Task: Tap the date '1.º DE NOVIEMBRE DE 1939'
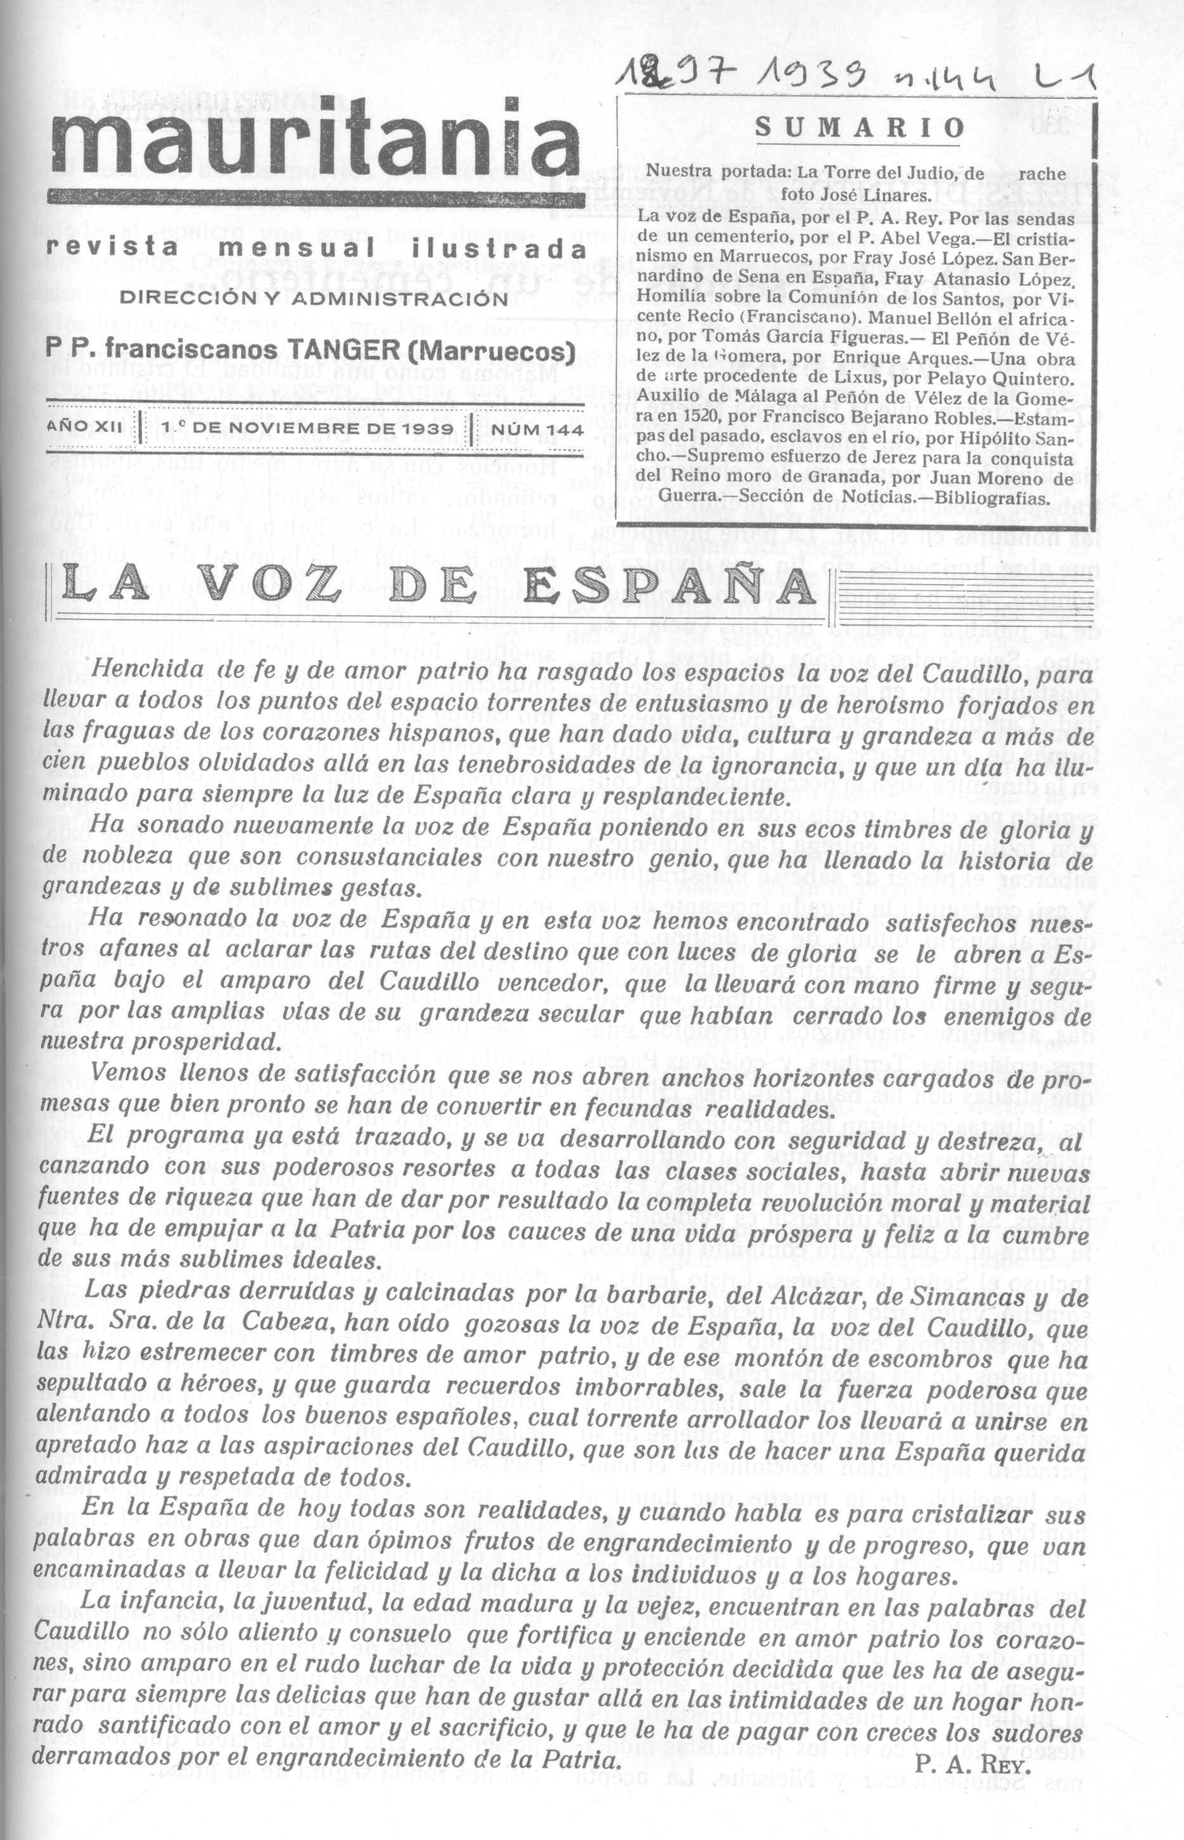click(x=307, y=429)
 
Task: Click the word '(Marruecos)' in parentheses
click(x=492, y=352)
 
